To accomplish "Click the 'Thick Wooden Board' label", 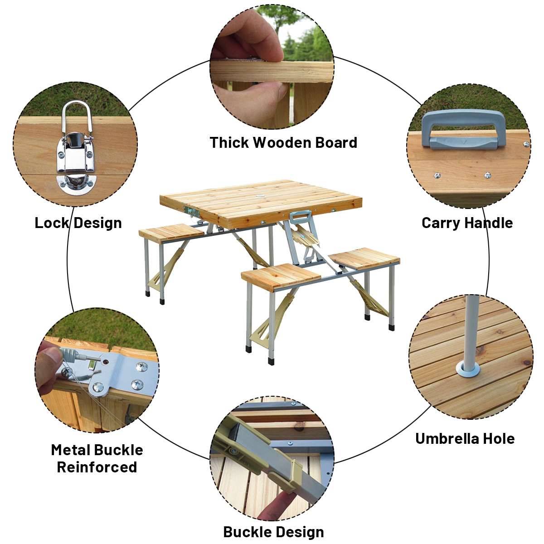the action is (x=283, y=142).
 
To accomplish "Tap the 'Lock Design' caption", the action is (x=78, y=223).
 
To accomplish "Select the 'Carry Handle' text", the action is (x=467, y=223).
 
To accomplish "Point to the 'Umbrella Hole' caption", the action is (x=465, y=439).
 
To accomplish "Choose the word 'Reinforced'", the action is (x=97, y=467).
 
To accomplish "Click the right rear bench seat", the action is (x=364, y=258).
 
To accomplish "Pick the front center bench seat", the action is (x=281, y=277).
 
